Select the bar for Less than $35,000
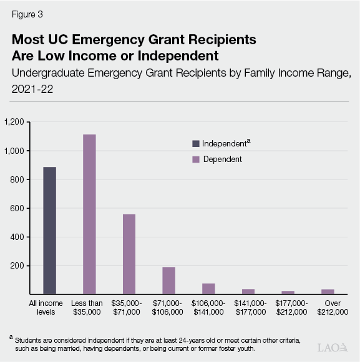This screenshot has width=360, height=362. tap(89, 214)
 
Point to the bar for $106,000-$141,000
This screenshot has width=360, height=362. tap(208, 288)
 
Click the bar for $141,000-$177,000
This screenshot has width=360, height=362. tap(248, 291)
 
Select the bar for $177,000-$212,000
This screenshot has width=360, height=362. tap(288, 292)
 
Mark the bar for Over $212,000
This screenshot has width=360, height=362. tap(327, 291)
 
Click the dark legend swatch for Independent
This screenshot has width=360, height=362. tap(195, 143)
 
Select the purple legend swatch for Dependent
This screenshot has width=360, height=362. tap(195, 160)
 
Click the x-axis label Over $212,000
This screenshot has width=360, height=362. tap(328, 307)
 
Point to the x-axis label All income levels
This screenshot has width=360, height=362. tap(50, 307)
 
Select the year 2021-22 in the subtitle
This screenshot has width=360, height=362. tap(32, 88)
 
